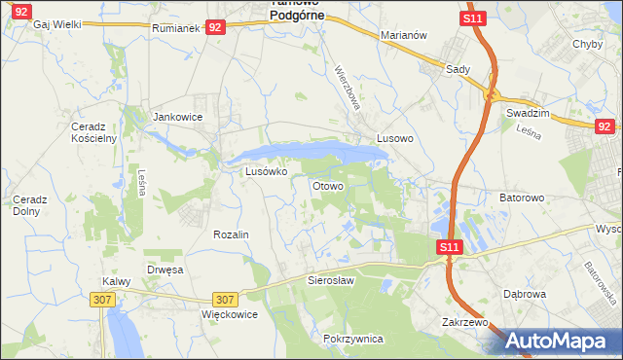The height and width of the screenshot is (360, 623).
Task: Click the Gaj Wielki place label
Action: [56, 24]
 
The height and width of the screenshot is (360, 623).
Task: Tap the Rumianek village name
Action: [176, 29]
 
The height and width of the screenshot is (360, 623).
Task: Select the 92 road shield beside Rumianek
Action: [216, 29]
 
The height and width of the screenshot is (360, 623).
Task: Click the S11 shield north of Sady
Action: [473, 18]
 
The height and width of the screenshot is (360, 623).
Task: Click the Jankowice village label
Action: [178, 117]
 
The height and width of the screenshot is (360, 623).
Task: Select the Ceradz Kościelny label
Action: [93, 132]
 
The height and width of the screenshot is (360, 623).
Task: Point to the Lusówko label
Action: [266, 171]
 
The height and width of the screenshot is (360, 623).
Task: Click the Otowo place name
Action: [327, 185]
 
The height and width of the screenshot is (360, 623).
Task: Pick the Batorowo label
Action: [522, 198]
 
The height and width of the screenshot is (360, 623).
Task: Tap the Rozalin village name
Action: [232, 235]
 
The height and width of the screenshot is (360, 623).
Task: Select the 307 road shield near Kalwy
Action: [104, 301]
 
